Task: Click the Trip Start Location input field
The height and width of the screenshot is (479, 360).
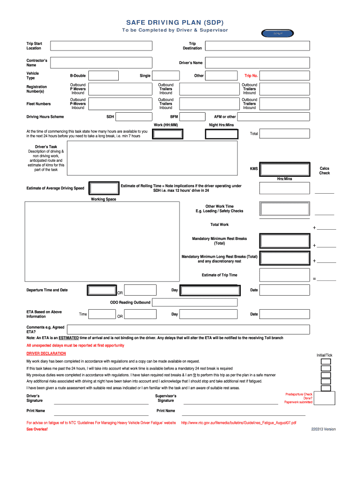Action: click(x=101, y=45)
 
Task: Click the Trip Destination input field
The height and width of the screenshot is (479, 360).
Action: click(x=257, y=45)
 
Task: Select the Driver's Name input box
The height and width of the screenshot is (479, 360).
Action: click(x=257, y=63)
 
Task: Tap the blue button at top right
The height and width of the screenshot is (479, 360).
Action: click(x=278, y=33)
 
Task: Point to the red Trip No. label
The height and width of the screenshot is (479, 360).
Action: click(x=251, y=76)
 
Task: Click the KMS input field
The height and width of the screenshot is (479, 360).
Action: click(x=285, y=169)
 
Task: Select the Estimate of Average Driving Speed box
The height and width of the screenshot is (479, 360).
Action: click(x=104, y=188)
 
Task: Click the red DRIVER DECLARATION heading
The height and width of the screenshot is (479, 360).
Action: click(x=46, y=353)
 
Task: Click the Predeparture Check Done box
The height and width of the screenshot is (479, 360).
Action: click(x=326, y=398)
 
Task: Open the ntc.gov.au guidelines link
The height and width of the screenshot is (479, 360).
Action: click(x=238, y=422)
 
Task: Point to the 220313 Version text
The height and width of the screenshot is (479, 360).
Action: click(x=324, y=429)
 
